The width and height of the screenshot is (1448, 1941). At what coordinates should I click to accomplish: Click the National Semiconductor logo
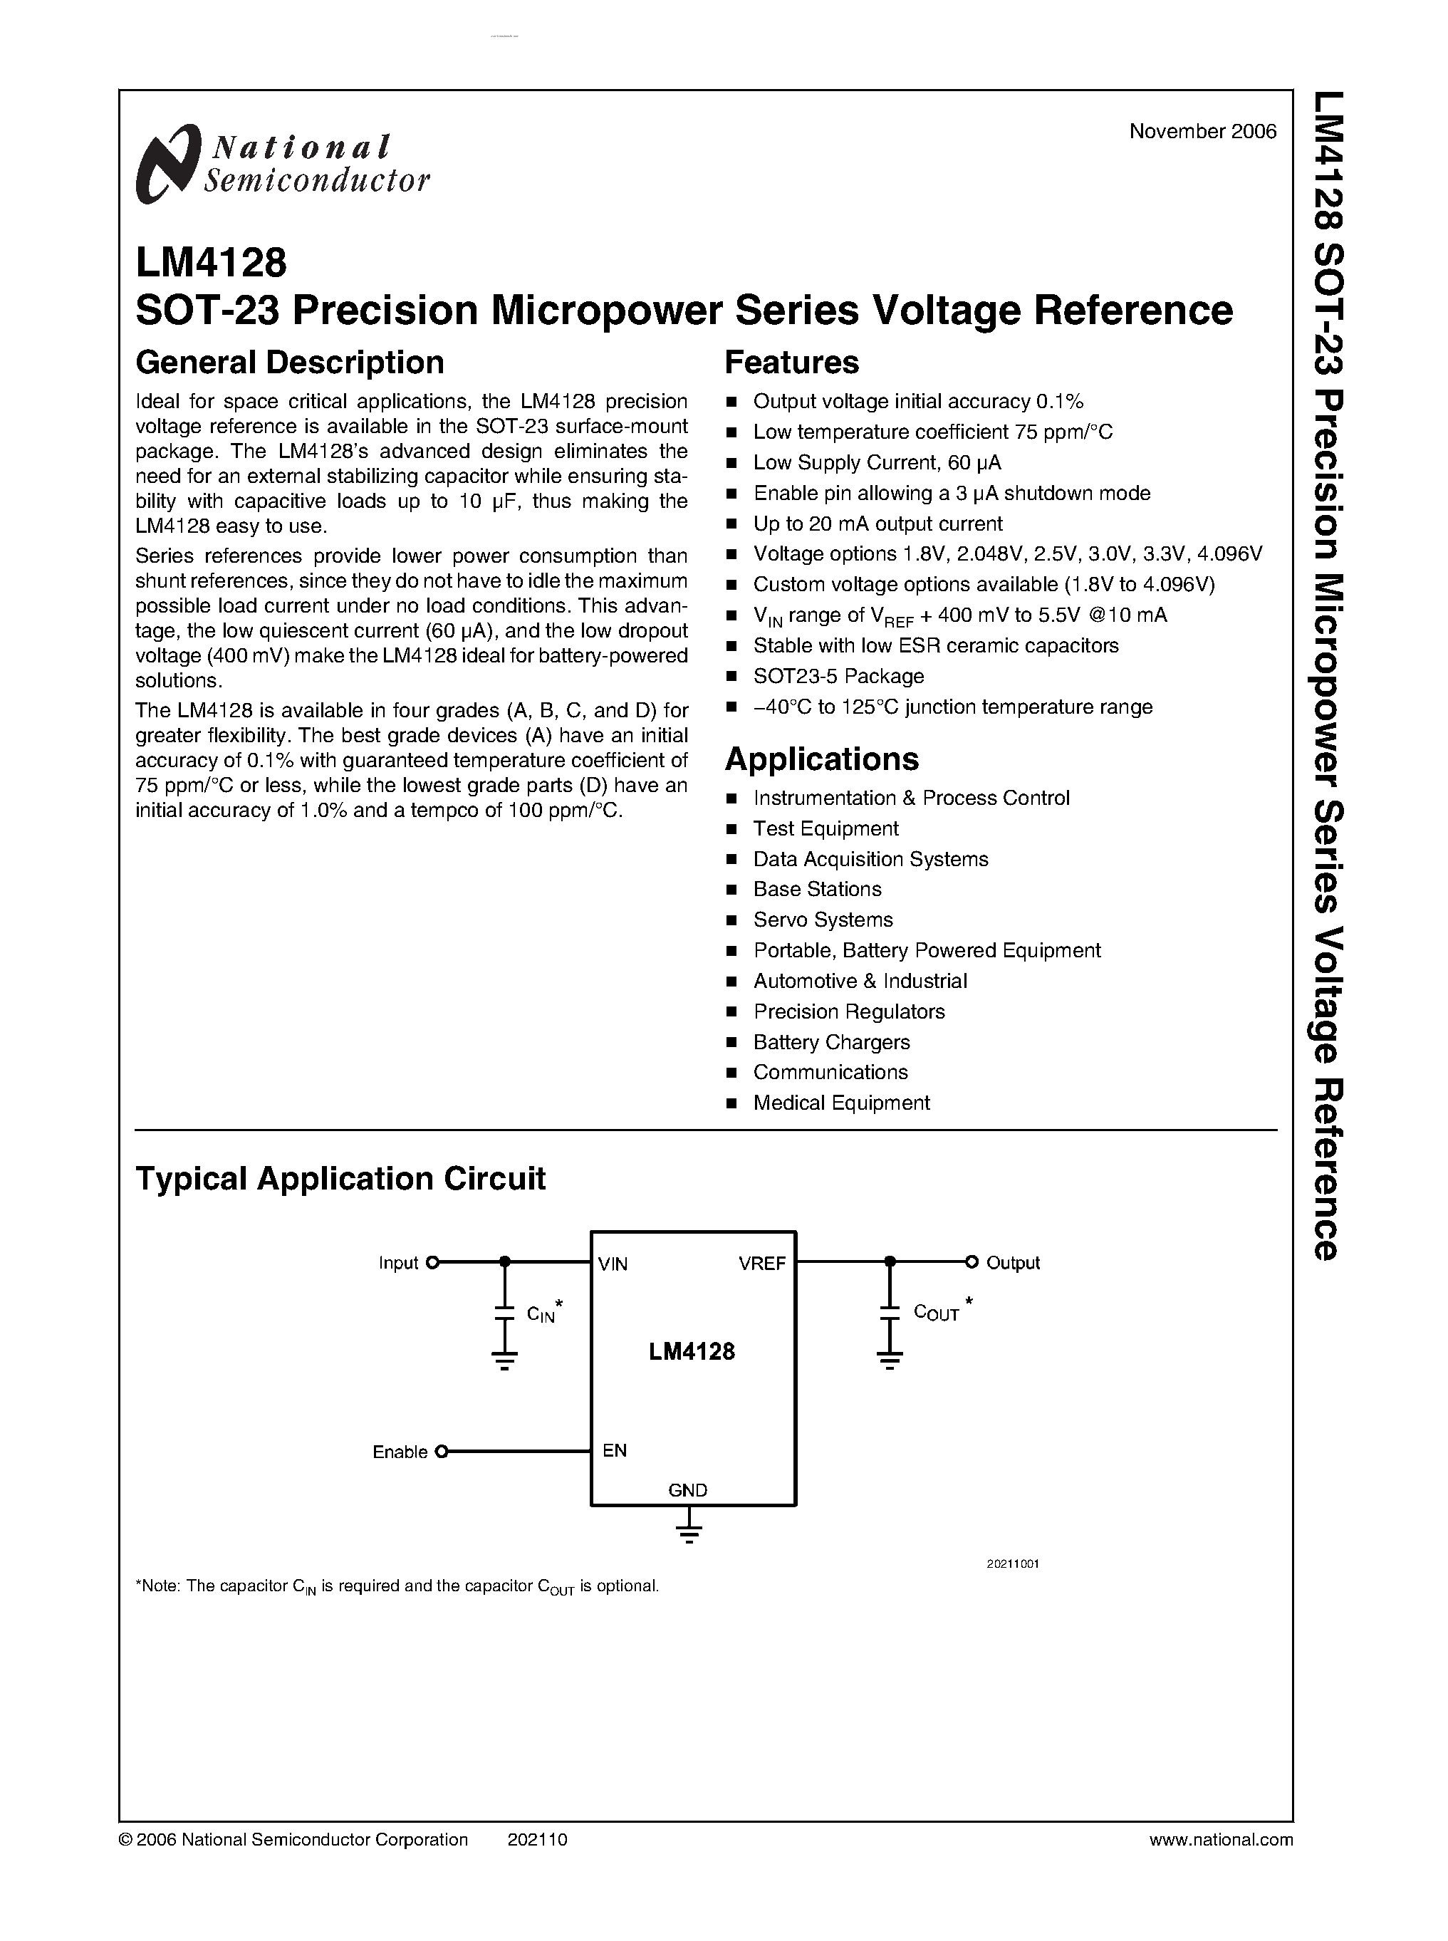pyautogui.click(x=282, y=164)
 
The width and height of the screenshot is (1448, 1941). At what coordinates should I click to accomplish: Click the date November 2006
pyautogui.click(x=1202, y=132)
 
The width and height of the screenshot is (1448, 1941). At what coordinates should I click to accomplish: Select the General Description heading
pyautogui.click(x=289, y=362)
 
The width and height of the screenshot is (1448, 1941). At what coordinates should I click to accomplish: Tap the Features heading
pyautogui.click(x=791, y=362)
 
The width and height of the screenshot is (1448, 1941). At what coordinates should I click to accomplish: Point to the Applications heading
pyautogui.click(x=821, y=759)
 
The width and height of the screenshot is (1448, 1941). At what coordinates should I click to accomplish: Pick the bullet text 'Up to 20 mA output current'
pyautogui.click(x=877, y=524)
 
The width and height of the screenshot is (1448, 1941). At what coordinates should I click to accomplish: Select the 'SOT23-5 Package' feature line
pyautogui.click(x=838, y=676)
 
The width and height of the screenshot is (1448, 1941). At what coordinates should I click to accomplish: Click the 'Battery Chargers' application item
pyautogui.click(x=831, y=1041)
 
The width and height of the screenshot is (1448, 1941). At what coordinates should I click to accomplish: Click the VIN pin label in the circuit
pyautogui.click(x=613, y=1264)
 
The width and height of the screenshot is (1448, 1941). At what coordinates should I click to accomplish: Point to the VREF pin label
pyautogui.click(x=761, y=1264)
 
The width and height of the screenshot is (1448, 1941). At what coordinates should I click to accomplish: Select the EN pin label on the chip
pyautogui.click(x=615, y=1451)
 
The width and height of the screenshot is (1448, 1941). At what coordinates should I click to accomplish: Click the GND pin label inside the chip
pyautogui.click(x=688, y=1490)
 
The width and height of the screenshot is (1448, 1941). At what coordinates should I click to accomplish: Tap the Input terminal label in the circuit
pyautogui.click(x=398, y=1264)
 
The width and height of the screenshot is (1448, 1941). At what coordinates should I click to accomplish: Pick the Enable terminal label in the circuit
pyautogui.click(x=400, y=1452)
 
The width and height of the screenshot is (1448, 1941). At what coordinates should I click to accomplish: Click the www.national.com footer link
pyautogui.click(x=1220, y=1839)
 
